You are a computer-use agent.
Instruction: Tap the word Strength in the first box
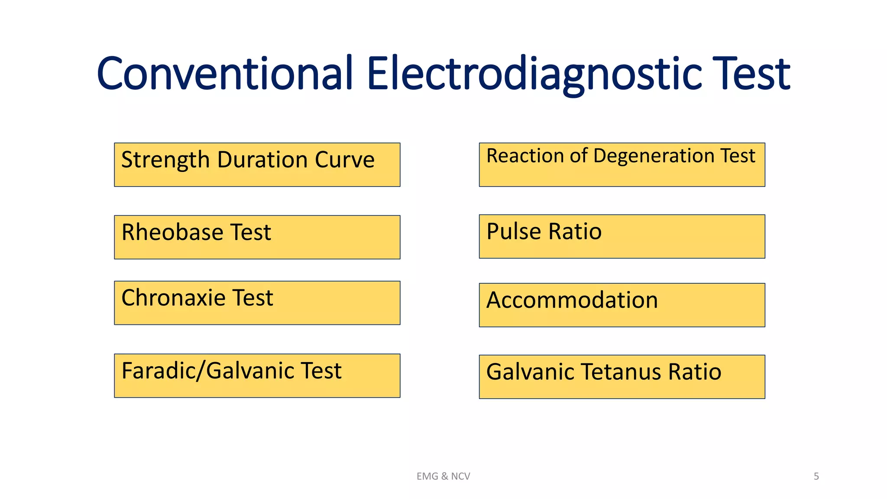click(165, 160)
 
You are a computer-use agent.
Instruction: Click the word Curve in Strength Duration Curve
click(345, 160)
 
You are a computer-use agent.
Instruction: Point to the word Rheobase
click(172, 232)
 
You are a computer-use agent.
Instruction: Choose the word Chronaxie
click(173, 298)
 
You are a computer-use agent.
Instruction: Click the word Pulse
click(514, 232)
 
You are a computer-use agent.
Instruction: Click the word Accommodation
click(572, 300)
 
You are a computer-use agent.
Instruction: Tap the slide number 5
click(816, 476)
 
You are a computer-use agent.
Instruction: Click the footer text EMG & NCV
click(443, 476)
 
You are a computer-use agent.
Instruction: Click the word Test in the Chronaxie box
click(253, 298)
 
